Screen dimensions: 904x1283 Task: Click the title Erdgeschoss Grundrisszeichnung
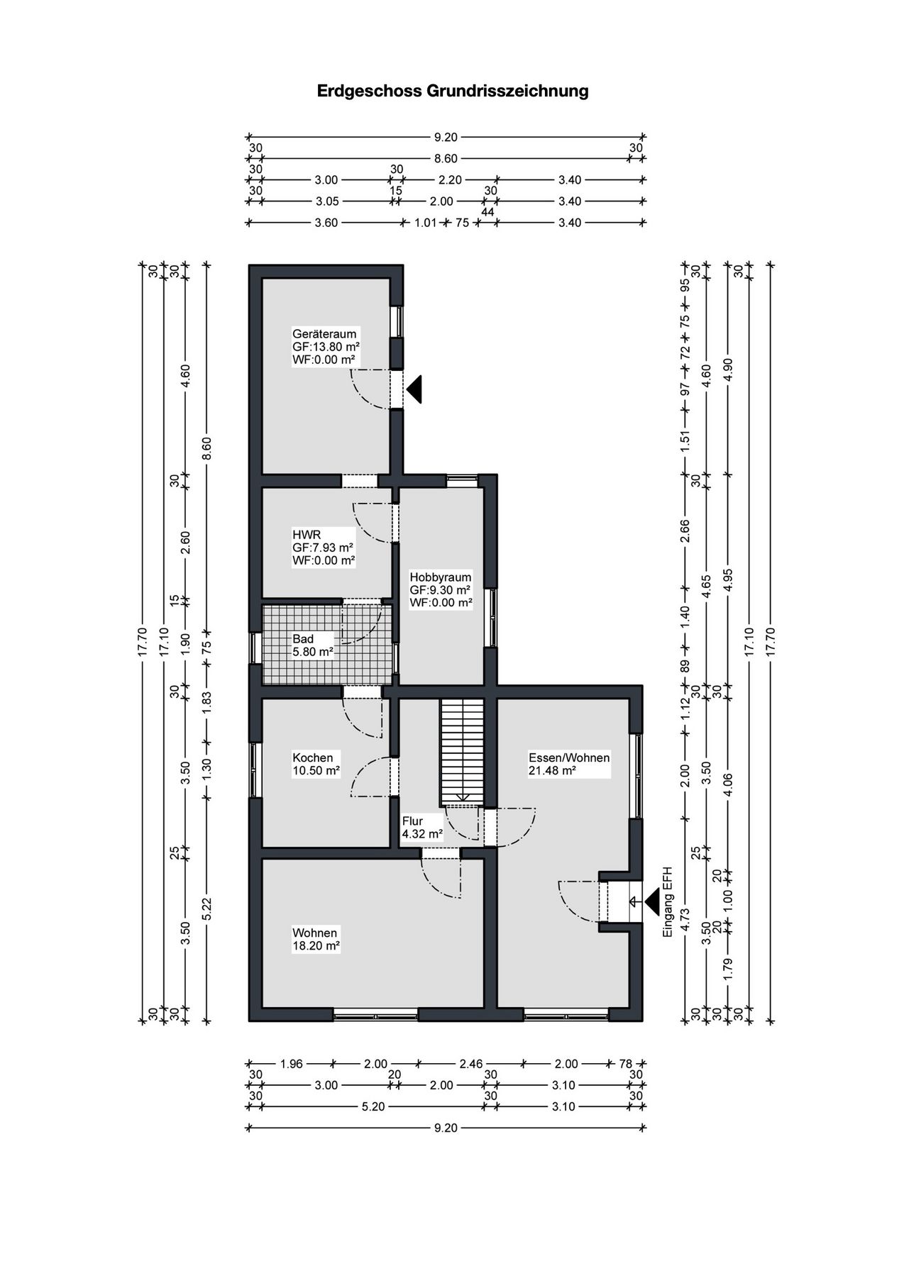[x=453, y=91]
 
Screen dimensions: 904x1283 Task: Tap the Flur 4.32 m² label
[x=422, y=828]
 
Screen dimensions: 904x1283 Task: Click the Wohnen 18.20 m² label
[x=316, y=939]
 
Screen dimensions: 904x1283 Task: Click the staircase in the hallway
[x=461, y=752]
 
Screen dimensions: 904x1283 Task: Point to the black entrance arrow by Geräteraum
[x=414, y=389]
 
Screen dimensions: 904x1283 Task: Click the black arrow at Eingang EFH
[x=651, y=902]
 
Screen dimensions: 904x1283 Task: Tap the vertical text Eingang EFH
[x=667, y=902]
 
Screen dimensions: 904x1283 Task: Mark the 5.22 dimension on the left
[x=207, y=910]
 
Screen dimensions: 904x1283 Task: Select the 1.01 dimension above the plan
[x=424, y=223]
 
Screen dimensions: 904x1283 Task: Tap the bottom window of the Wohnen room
[x=376, y=1014]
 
